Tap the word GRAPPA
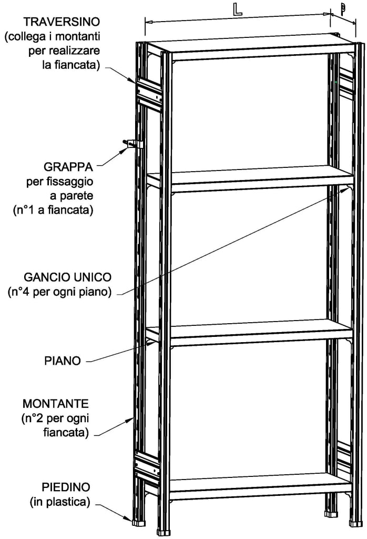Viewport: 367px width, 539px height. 68,167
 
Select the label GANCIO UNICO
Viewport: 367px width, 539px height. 68,277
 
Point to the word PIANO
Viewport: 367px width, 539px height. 63,361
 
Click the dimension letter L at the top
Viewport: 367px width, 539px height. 238,10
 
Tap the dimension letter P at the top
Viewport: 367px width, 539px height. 342,9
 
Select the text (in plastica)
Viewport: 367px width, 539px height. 59,502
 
